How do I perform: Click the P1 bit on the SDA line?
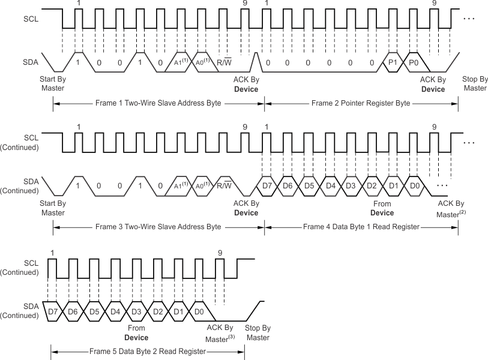pyautogui.click(x=394, y=62)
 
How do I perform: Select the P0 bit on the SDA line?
pyautogui.click(x=414, y=62)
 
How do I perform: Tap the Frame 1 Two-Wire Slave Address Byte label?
pyautogui.click(x=158, y=103)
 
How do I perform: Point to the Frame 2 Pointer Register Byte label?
pyautogui.click(x=361, y=103)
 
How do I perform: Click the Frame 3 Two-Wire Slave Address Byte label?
pyautogui.click(x=158, y=227)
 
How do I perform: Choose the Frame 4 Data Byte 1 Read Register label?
pyautogui.click(x=361, y=227)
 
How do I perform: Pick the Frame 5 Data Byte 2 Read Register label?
pyautogui.click(x=147, y=351)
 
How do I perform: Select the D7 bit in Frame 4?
pyautogui.click(x=268, y=185)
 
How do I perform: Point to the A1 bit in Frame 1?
pyautogui.click(x=179, y=62)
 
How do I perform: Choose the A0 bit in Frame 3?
pyautogui.click(x=200, y=185)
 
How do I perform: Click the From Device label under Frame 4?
pyautogui.click(x=382, y=208)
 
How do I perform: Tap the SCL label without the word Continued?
pyautogui.click(x=30, y=19)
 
